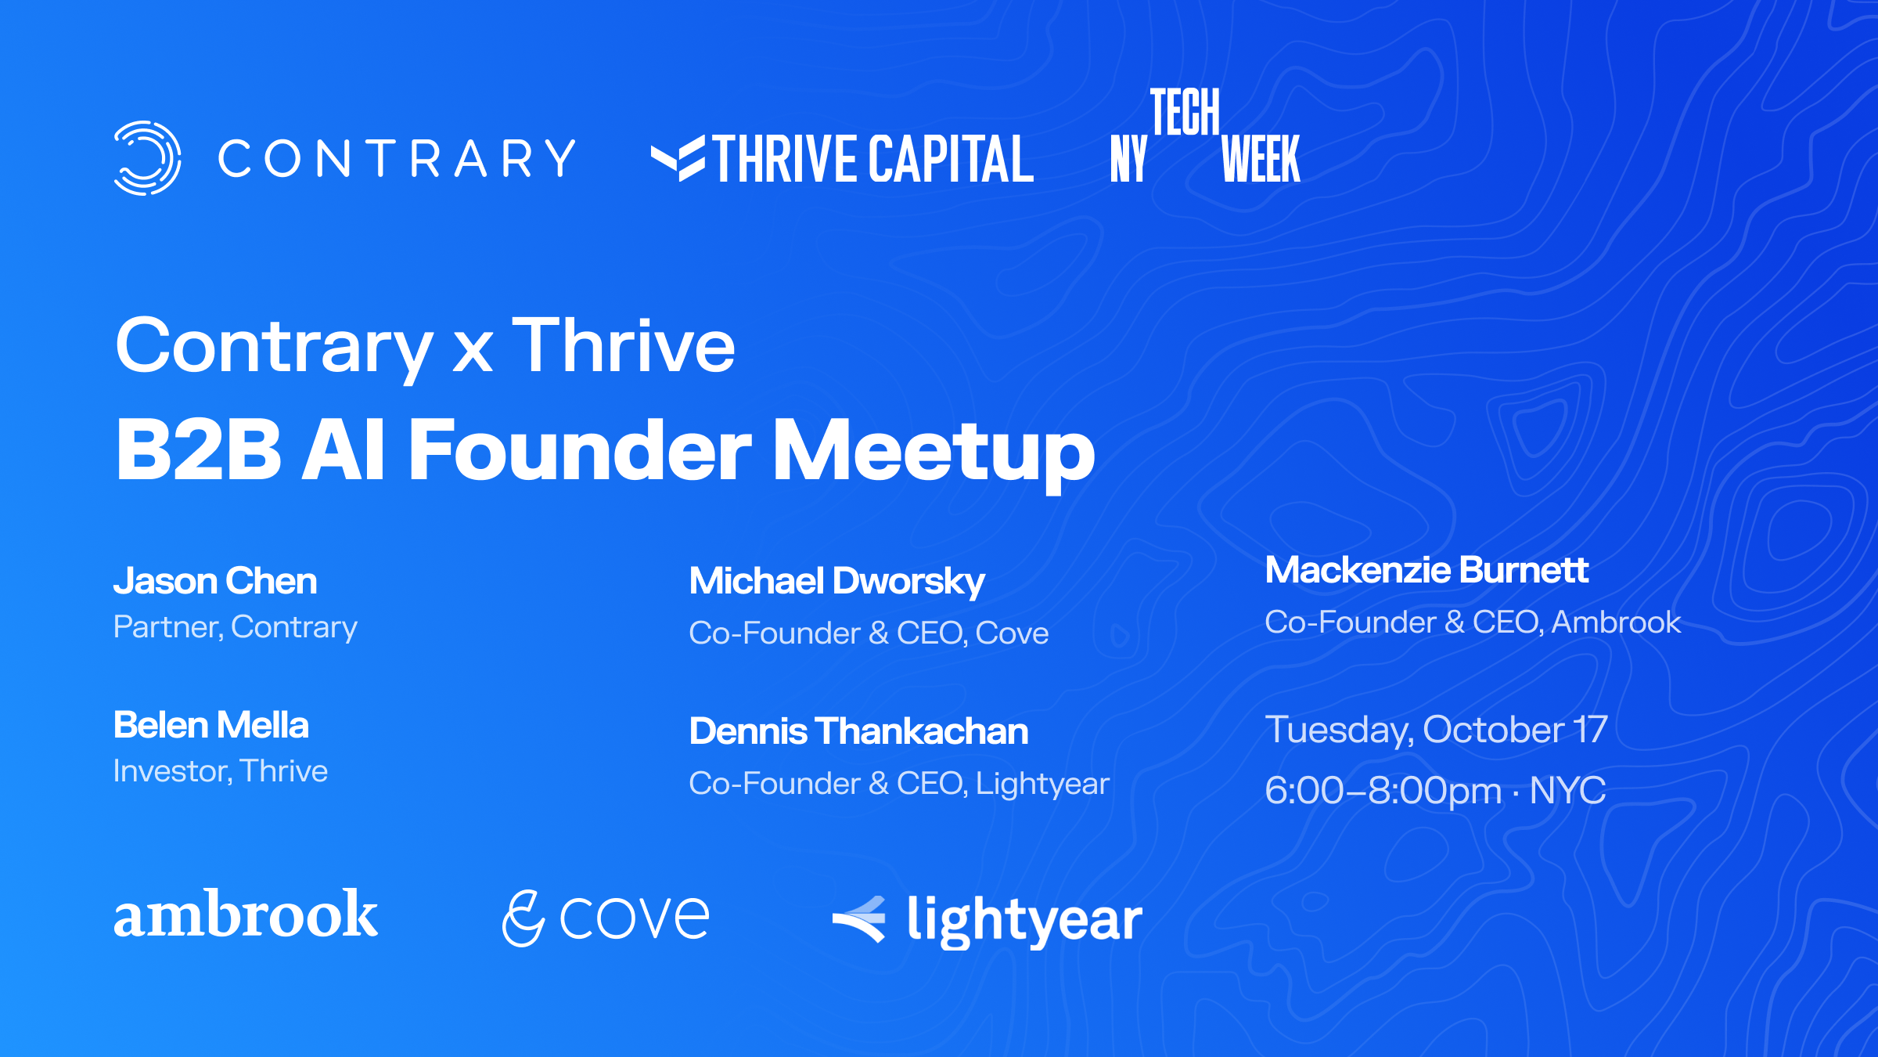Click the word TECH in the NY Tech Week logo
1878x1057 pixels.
tap(1185, 112)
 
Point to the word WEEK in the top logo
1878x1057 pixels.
tap(1261, 159)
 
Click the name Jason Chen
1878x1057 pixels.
tap(215, 581)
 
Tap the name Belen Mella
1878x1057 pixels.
tap(211, 725)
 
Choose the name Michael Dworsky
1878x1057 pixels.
tap(836, 582)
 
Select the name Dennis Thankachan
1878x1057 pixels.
tap(858, 731)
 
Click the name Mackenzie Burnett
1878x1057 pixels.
tap(1426, 570)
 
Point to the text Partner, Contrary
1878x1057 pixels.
tap(236, 627)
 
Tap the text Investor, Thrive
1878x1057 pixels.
tap(221, 771)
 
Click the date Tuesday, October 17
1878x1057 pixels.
tap(1436, 730)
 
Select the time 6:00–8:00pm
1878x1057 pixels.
tap(1383, 791)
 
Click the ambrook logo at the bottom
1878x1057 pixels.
tap(246, 914)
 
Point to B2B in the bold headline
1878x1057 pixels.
tap(198, 449)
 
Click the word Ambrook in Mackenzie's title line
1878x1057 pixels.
tap(1616, 622)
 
